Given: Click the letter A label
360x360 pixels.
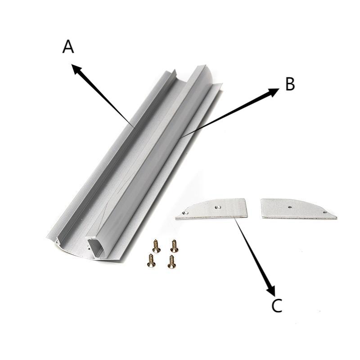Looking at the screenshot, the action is (x=68, y=47).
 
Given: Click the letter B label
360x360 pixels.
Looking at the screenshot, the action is (x=290, y=84).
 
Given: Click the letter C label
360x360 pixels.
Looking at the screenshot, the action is (x=277, y=306).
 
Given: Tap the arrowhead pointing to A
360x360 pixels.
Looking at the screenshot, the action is (x=77, y=69).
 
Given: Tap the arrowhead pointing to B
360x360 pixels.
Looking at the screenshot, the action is (x=274, y=92).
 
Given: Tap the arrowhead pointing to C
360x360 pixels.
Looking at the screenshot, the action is (x=271, y=290).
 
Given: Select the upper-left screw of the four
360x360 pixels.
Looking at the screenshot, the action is (x=156, y=246).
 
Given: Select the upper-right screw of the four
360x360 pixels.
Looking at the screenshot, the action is (x=174, y=246).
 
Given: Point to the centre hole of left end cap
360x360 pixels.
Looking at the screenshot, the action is (x=217, y=207).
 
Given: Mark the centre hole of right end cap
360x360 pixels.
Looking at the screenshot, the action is (x=290, y=207).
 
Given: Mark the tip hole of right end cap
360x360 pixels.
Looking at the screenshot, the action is (x=324, y=212).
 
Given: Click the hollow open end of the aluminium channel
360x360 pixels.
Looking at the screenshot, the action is (x=95, y=247).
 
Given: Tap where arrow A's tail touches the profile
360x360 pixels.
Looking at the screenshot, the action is (x=133, y=127).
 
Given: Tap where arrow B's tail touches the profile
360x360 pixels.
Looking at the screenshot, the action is (x=180, y=138).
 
